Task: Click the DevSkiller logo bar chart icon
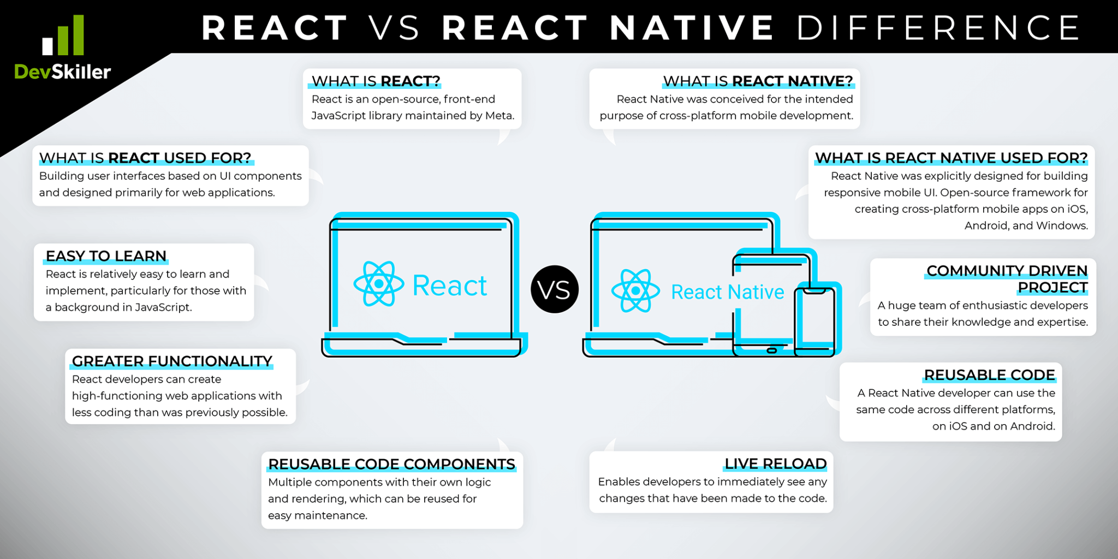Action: pos(63,36)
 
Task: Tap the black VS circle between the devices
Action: pos(554,289)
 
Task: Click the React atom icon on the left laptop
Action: pos(378,284)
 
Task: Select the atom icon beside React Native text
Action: pos(635,290)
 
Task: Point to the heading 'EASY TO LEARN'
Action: pos(106,256)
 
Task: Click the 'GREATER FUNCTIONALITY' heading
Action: pos(172,361)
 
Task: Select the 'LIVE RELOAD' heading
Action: pos(775,464)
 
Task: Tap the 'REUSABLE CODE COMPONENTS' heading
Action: pos(391,465)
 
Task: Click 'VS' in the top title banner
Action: pos(394,28)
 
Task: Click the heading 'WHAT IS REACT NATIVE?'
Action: pos(758,81)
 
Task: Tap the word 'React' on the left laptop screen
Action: pos(449,286)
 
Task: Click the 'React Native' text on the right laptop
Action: pos(727,293)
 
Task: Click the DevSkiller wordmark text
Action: pos(62,72)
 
